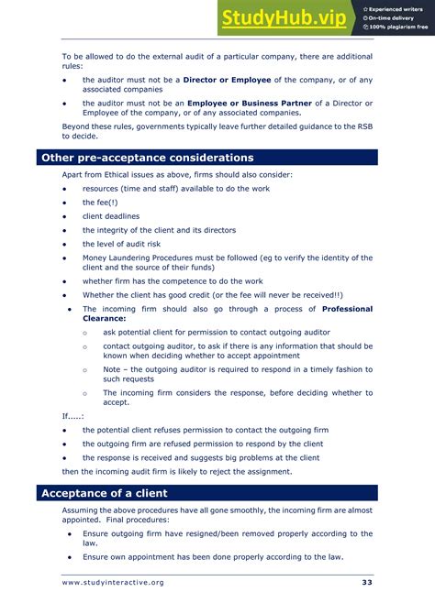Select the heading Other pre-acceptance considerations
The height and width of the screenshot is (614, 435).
point(147,158)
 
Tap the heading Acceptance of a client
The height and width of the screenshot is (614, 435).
point(104,493)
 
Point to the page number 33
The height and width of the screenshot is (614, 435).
point(366,583)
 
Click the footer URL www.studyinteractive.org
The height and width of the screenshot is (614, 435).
point(113,583)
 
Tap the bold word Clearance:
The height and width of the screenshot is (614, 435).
point(104,319)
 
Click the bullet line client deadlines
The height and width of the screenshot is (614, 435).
point(111,216)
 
